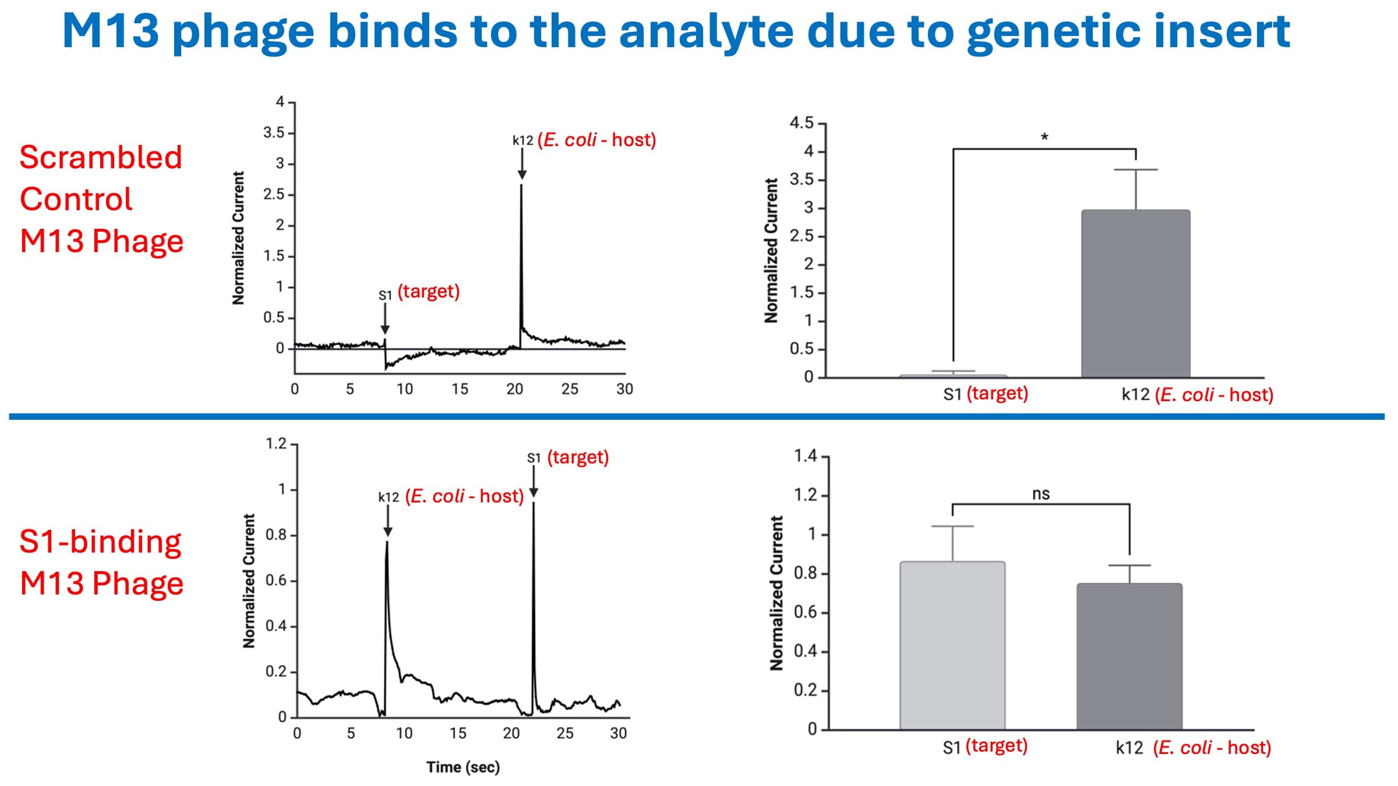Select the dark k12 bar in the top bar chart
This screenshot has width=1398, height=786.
tap(1135, 293)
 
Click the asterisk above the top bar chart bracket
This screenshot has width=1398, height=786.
tap(1044, 138)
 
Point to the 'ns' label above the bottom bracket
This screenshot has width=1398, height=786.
tap(1041, 494)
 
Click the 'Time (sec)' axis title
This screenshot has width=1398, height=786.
tap(463, 767)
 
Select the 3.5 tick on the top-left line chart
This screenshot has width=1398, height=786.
tap(274, 133)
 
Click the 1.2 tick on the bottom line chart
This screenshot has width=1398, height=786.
tap(276, 444)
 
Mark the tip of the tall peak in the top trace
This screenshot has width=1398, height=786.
tap(521, 186)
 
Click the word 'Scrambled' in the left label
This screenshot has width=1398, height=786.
tap(101, 157)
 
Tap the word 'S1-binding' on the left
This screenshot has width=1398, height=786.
tap(100, 541)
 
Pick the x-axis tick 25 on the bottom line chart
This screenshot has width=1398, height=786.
tap(564, 733)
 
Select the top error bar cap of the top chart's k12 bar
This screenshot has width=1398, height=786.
tap(1135, 169)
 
